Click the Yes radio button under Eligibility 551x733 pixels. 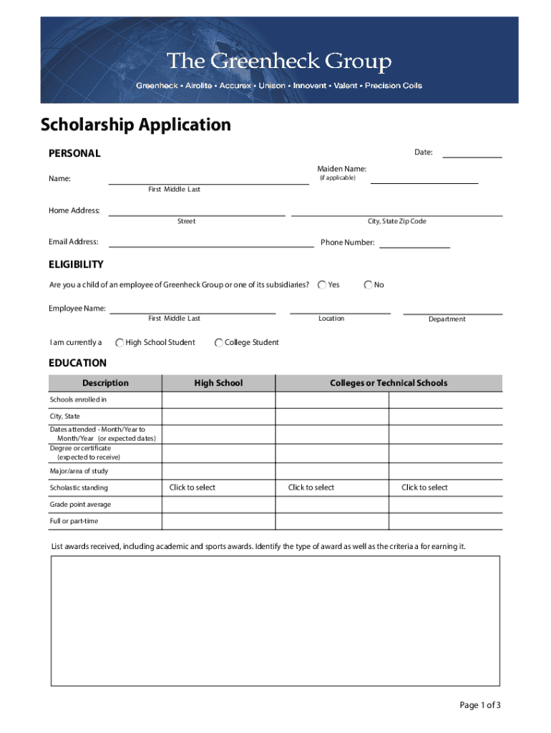pos(323,285)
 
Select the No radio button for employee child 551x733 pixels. pos(368,285)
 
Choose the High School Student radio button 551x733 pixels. pos(120,343)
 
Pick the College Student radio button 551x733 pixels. pos(219,343)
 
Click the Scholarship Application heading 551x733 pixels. pos(136,125)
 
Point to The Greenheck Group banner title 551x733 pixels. pos(279,62)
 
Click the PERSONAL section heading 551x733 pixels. pos(74,153)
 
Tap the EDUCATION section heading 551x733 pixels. pos(77,363)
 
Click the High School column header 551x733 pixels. pos(218,383)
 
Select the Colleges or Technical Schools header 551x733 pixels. pos(389,383)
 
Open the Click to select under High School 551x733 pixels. pos(192,487)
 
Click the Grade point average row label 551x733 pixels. pos(80,505)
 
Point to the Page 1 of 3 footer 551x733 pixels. pos(480,705)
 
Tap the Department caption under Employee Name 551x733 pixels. pos(447,319)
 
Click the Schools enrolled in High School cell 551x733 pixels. pos(218,400)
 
